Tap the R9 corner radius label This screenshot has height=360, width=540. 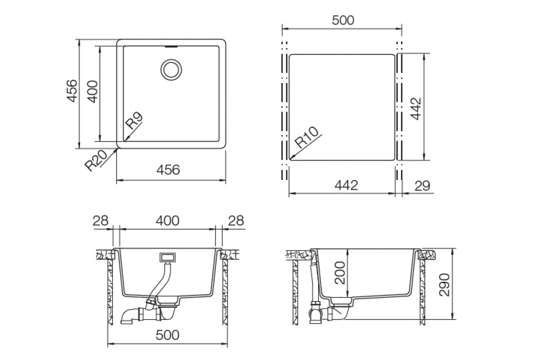(134, 121)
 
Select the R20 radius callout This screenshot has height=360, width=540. (95, 160)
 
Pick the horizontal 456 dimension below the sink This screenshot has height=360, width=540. (168, 170)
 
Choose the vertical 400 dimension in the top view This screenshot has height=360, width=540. (92, 92)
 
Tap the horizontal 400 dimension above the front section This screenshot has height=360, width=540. (167, 220)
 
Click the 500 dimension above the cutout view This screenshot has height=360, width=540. (343, 20)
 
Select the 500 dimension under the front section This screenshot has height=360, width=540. (167, 335)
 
